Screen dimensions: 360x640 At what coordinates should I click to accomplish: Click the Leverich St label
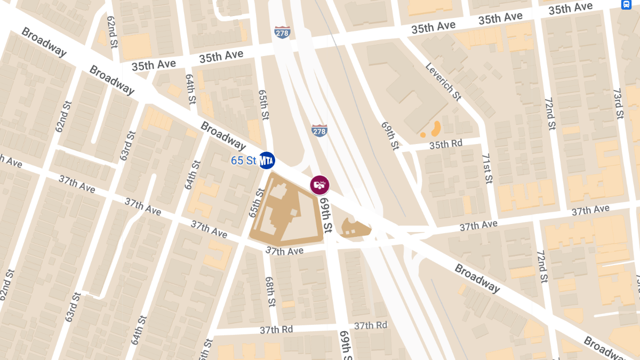point(443,82)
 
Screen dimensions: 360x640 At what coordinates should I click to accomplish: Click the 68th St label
point(270,291)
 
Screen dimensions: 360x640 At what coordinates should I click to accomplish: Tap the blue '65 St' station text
point(244,161)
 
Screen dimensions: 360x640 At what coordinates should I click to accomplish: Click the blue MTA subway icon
point(267,161)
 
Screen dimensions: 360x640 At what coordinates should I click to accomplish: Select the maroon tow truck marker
point(319,185)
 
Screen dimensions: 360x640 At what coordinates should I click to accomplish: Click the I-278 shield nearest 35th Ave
point(282,32)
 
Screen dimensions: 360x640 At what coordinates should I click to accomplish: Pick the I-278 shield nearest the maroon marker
point(319,130)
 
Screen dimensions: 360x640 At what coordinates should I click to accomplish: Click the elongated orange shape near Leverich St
point(436,128)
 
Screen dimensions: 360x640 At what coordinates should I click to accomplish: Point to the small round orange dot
point(423,135)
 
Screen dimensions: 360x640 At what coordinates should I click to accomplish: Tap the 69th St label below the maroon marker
point(326,215)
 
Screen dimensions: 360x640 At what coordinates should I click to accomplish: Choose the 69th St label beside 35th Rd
point(390,135)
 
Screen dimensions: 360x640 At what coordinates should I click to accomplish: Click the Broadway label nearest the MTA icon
point(223,135)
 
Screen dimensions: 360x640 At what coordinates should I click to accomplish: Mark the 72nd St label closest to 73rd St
point(549,114)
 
